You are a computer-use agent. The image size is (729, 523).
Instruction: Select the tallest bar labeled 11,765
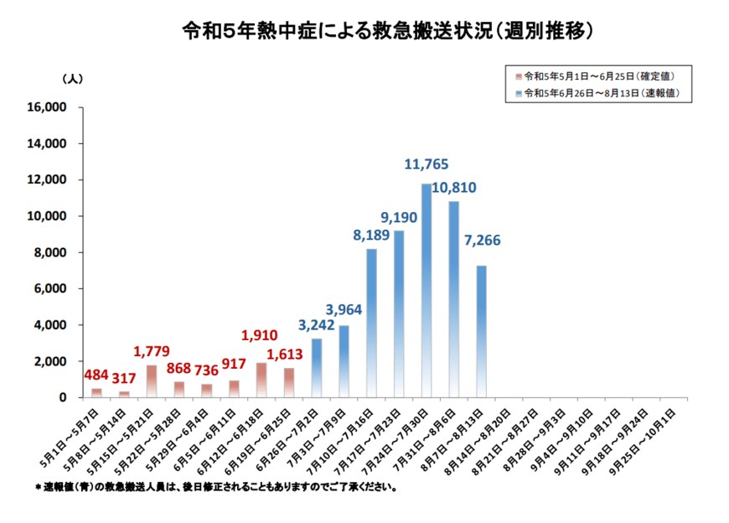tap(427, 290)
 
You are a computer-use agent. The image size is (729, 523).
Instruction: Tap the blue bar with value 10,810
tap(453, 299)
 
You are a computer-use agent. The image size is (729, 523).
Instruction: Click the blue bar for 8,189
tap(371, 323)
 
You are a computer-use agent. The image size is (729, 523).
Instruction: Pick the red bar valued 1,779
tap(152, 381)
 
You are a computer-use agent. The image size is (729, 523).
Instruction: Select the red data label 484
tap(97, 375)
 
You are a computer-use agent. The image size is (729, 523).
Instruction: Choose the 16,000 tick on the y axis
tap(48, 107)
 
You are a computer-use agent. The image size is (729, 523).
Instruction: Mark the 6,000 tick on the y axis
tap(51, 288)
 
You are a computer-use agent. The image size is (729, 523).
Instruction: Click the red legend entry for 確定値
tap(598, 75)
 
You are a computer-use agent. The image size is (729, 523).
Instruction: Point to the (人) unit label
tap(72, 78)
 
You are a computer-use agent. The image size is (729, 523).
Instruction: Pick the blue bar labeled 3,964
tap(344, 361)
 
